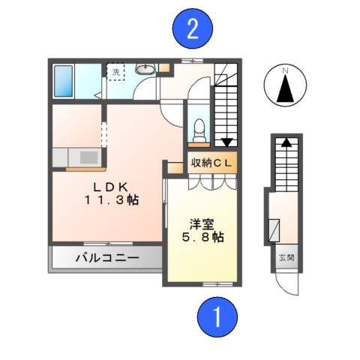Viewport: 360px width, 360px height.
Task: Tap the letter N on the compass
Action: [284, 71]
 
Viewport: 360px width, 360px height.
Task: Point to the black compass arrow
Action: [284, 91]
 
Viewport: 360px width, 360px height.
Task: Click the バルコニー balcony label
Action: [106, 259]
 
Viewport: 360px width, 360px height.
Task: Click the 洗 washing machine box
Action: [116, 75]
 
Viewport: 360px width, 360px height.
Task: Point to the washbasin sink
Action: [145, 70]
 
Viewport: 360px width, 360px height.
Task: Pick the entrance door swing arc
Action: [285, 283]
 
